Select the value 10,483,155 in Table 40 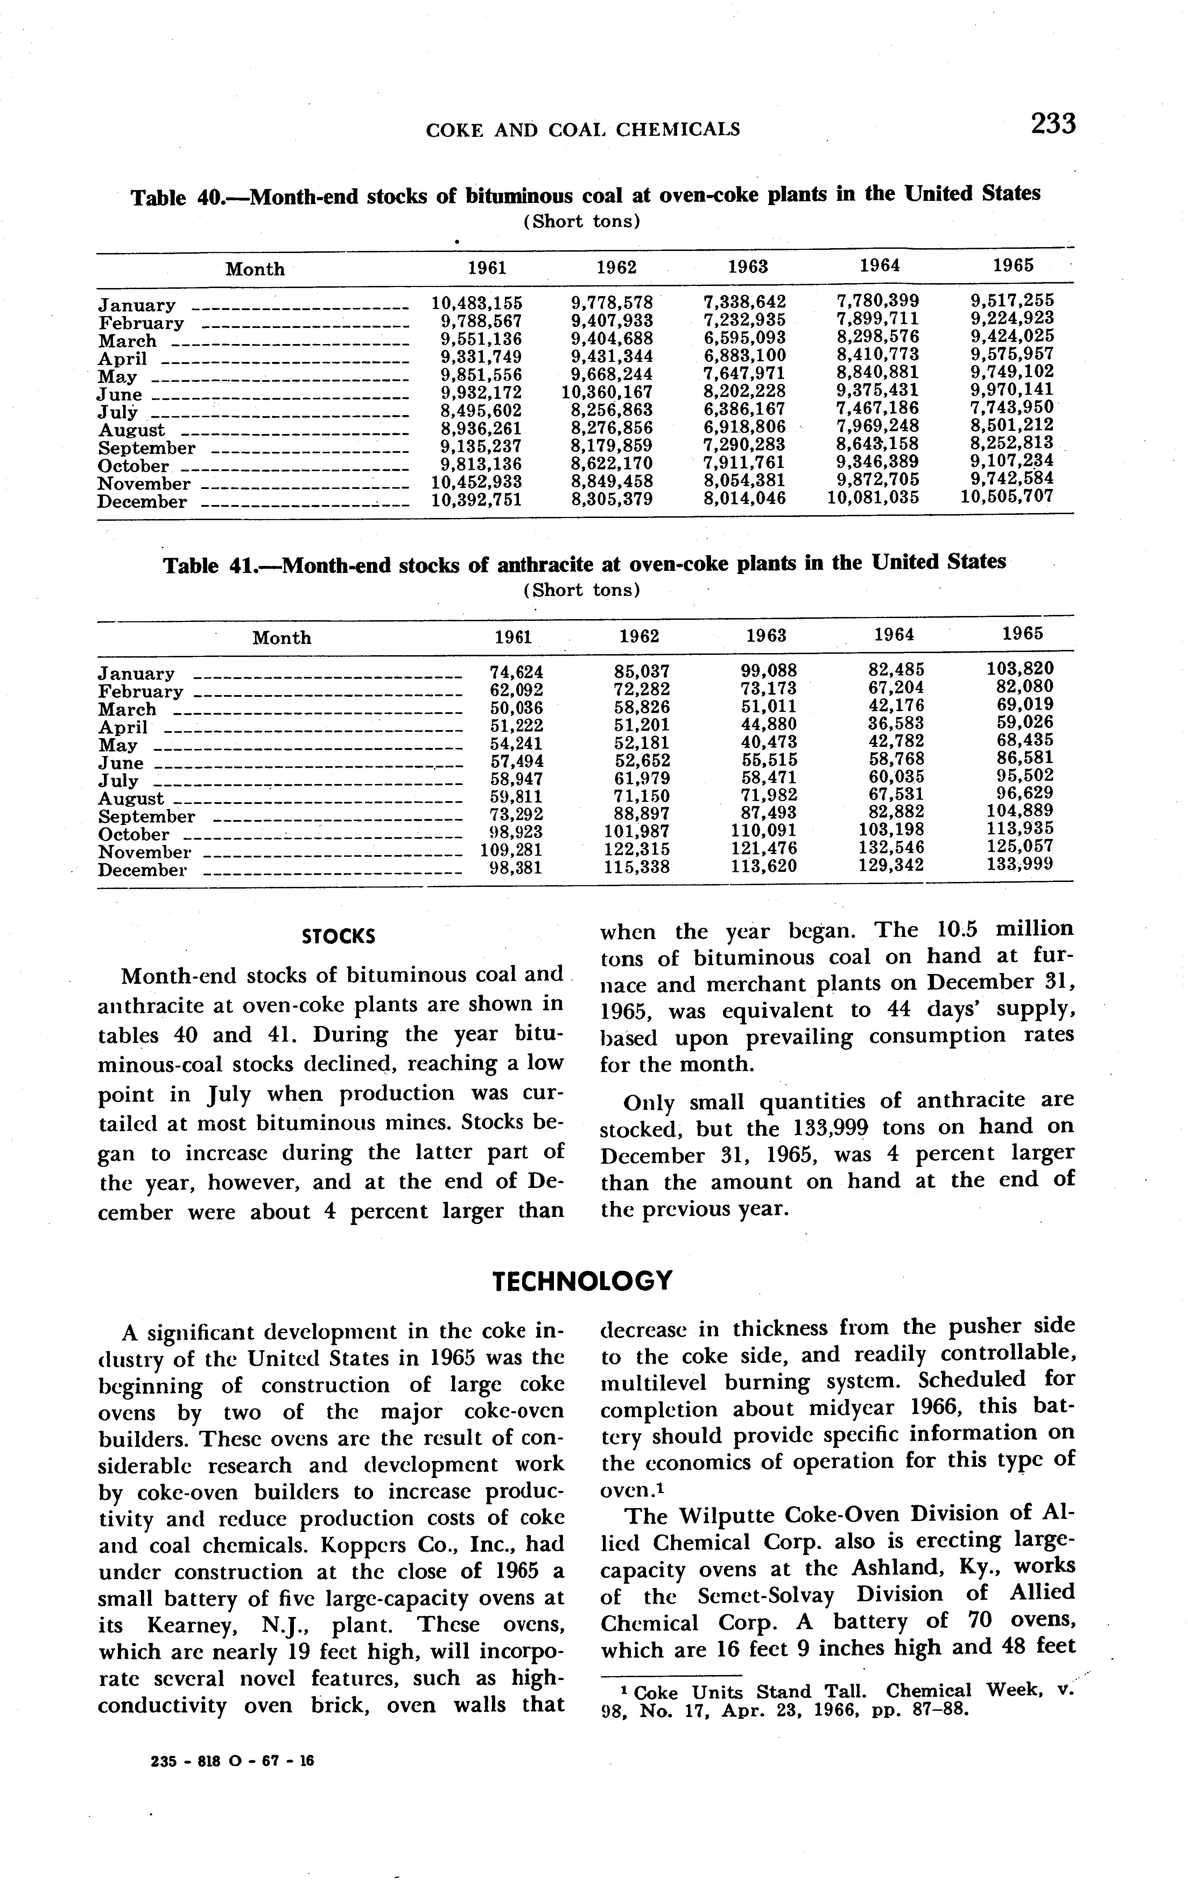[477, 302]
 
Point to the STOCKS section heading [338, 937]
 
